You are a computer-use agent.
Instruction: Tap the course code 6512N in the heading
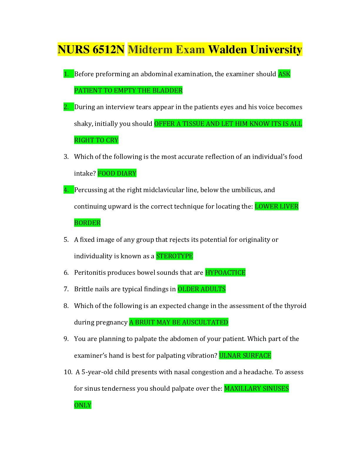108,49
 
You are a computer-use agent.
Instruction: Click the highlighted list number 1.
66,74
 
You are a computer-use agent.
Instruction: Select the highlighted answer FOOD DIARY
117,173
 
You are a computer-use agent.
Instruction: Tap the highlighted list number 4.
66,190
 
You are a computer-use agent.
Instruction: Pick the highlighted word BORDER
87,223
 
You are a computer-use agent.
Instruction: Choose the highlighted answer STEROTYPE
174,256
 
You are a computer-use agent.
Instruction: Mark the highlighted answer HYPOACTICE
225,272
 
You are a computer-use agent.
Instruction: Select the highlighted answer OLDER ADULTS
201,289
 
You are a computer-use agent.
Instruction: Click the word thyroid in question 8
295,306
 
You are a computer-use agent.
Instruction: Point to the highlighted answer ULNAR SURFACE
245,356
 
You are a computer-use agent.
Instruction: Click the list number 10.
68,372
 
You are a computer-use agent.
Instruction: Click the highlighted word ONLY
83,405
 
